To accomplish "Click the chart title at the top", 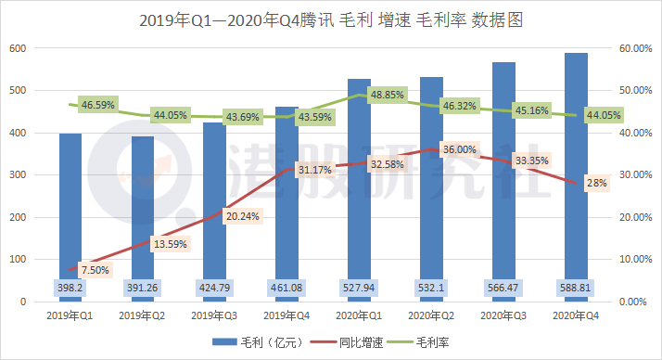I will click(331, 19).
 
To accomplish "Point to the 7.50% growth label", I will click(95, 270).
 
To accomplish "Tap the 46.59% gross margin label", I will click(97, 105).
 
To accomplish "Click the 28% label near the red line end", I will click(596, 183).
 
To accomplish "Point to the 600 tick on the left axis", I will click(18, 48).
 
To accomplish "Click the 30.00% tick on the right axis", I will click(636, 175).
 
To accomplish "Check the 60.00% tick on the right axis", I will click(636, 48).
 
